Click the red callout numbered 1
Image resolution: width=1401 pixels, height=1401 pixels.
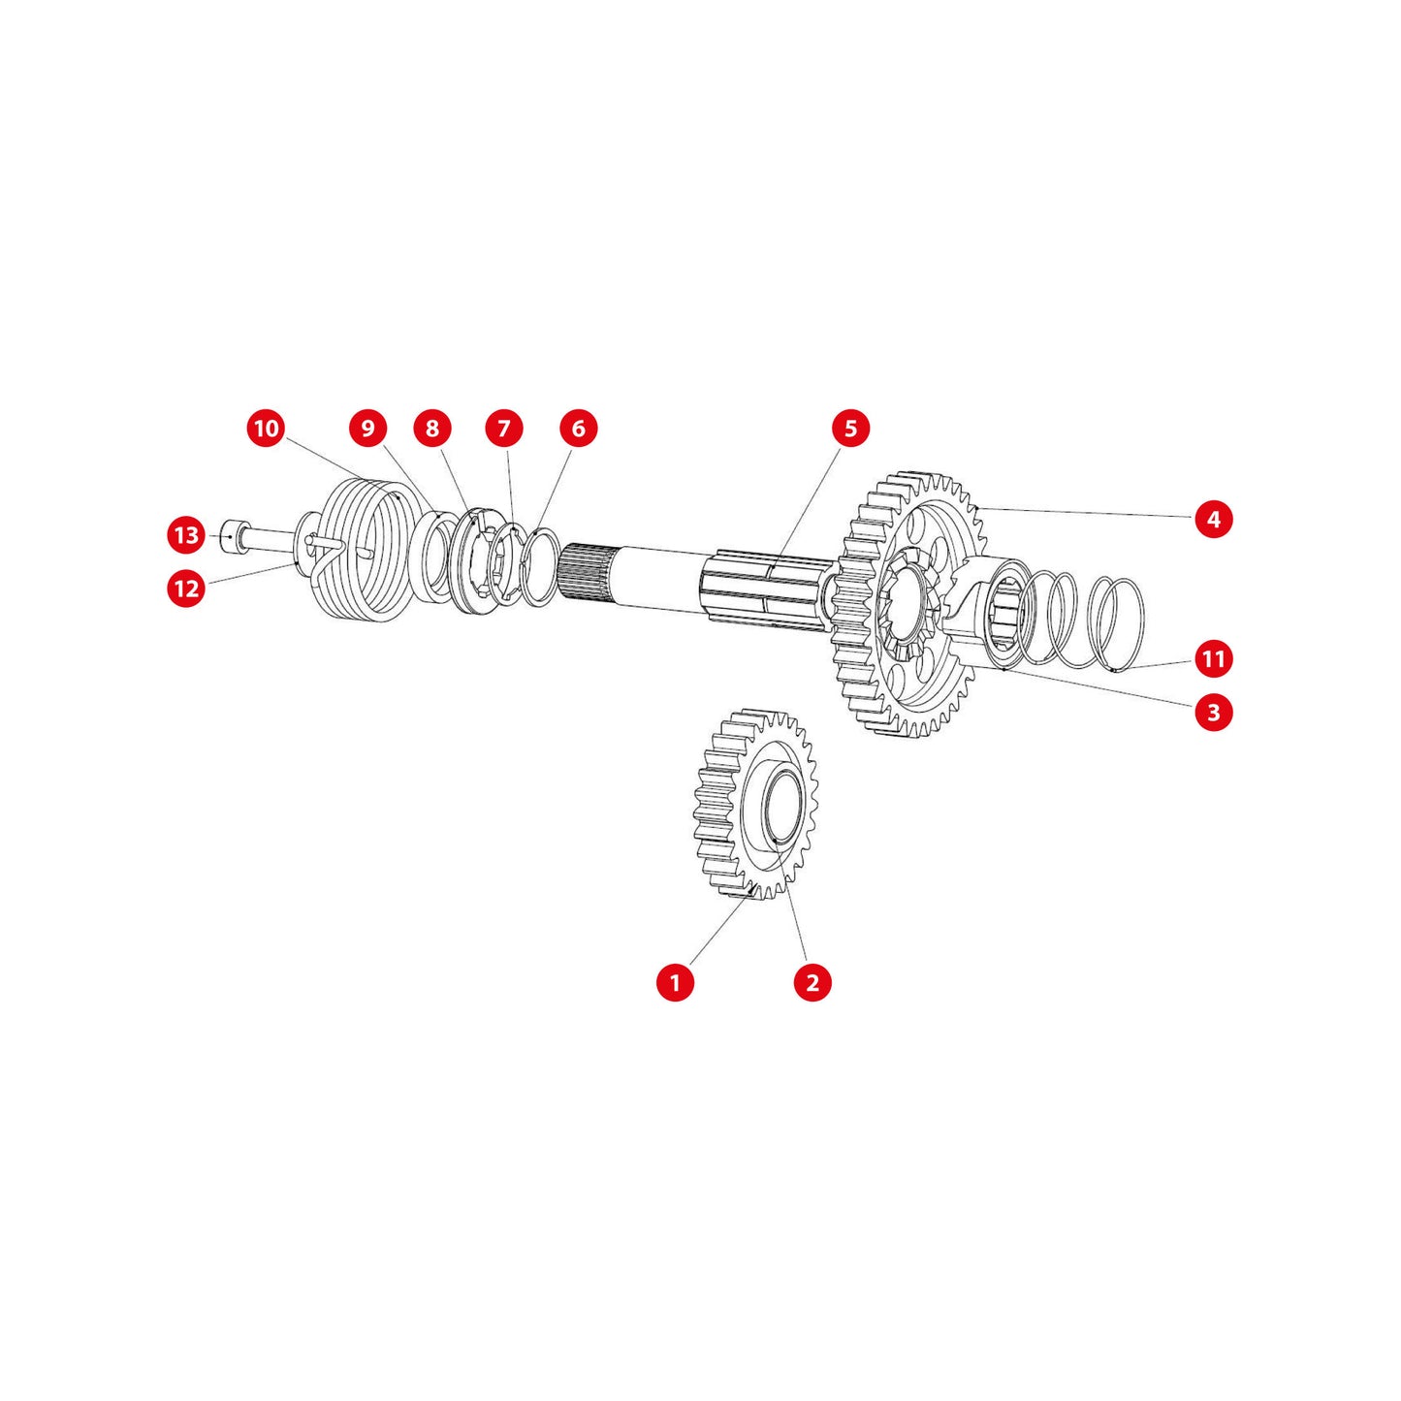675,982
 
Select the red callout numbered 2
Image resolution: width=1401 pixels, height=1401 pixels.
812,982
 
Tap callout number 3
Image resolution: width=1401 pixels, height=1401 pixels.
1214,712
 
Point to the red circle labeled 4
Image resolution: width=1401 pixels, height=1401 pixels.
1214,519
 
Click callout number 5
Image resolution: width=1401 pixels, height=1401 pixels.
850,429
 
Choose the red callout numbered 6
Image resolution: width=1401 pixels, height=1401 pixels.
578,429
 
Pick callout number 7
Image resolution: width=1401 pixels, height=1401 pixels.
504,429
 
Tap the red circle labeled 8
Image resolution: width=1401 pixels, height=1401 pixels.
431,429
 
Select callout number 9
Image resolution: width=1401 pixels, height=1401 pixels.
367,429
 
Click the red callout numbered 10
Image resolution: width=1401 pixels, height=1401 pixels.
266,429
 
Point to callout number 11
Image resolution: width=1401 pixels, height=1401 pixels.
1214,658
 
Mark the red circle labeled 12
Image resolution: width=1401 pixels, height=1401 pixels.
187,588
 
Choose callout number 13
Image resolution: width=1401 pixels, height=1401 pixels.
187,535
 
